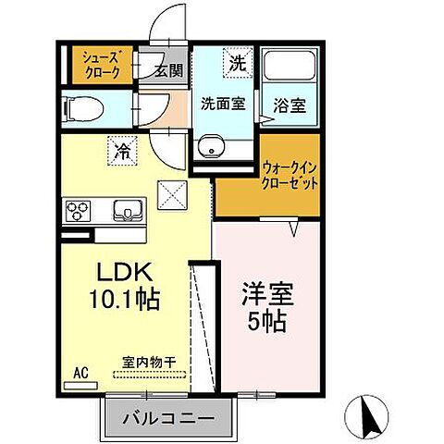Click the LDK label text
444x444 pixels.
(127, 273)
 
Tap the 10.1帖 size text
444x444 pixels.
(127, 300)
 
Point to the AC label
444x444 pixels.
(80, 375)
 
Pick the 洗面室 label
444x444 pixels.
(224, 104)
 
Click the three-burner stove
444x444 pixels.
(78, 210)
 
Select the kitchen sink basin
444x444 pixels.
(126, 211)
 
